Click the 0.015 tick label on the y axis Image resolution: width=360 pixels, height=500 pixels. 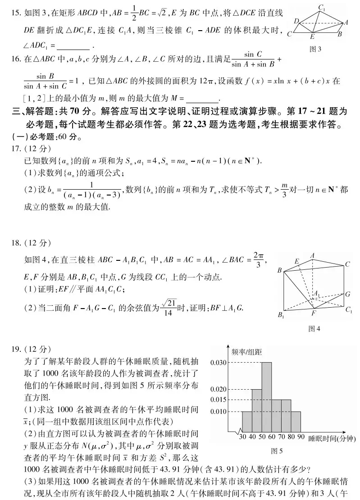(218, 400)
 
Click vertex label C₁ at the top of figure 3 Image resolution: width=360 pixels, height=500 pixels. (322, 7)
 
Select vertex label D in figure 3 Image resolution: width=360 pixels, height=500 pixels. (296, 21)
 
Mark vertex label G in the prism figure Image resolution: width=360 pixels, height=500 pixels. (348, 294)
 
